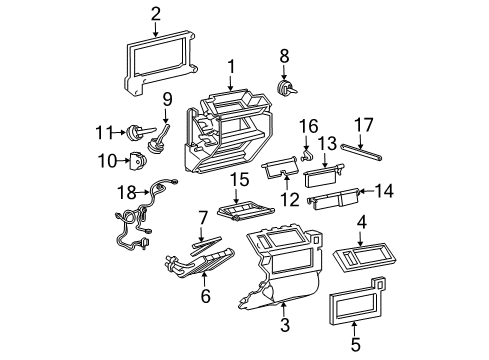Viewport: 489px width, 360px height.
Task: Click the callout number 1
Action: click(x=231, y=68)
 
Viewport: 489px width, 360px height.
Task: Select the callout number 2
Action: click(x=155, y=13)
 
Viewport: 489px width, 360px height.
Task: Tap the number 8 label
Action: click(x=285, y=56)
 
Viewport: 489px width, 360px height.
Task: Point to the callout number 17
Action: click(x=364, y=127)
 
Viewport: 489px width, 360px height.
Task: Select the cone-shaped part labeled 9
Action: click(x=158, y=141)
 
